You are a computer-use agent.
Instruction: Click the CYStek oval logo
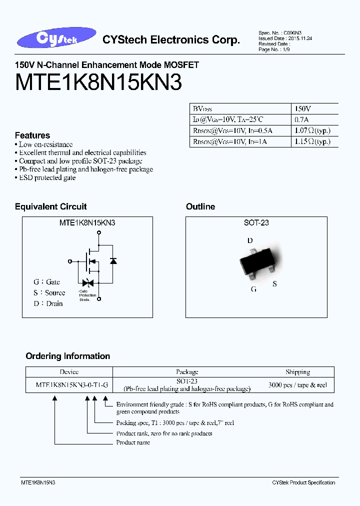click(55, 39)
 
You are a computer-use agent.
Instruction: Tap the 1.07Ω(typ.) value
click(312, 130)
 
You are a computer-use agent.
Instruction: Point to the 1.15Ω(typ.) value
click(312, 142)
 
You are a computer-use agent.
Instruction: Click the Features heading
click(32, 135)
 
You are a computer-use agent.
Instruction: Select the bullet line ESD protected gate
click(47, 178)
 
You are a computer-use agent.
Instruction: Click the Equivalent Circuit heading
click(51, 206)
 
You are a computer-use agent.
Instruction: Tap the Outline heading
click(200, 206)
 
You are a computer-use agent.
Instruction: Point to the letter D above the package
click(250, 240)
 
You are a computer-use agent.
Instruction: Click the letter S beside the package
click(274, 284)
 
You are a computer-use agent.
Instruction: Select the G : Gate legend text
click(47, 282)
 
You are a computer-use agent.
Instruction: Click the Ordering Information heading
click(68, 356)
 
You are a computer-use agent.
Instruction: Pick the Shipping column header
click(298, 372)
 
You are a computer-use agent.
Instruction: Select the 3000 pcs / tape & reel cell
click(298, 385)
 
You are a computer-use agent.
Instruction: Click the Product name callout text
click(133, 442)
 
